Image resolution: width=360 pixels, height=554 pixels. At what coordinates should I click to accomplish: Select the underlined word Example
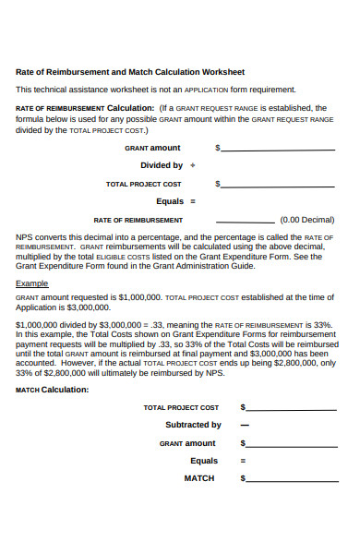point(32,283)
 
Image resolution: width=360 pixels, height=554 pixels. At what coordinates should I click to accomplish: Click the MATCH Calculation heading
point(53,390)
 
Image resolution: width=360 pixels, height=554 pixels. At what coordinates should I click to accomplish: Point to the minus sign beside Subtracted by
point(245,426)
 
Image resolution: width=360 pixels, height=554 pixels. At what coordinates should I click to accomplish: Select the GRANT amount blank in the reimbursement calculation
point(278,149)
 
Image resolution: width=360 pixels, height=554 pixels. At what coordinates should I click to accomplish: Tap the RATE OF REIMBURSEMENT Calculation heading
point(84,108)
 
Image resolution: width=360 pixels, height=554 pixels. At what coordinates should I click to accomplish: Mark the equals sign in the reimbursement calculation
point(193,201)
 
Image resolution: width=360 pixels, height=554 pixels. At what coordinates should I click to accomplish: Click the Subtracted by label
point(193,425)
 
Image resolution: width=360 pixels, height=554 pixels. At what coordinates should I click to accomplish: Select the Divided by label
point(162,166)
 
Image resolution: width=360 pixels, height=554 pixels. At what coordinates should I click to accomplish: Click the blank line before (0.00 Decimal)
point(246,222)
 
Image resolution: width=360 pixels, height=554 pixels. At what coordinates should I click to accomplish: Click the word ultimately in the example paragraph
point(126,373)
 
